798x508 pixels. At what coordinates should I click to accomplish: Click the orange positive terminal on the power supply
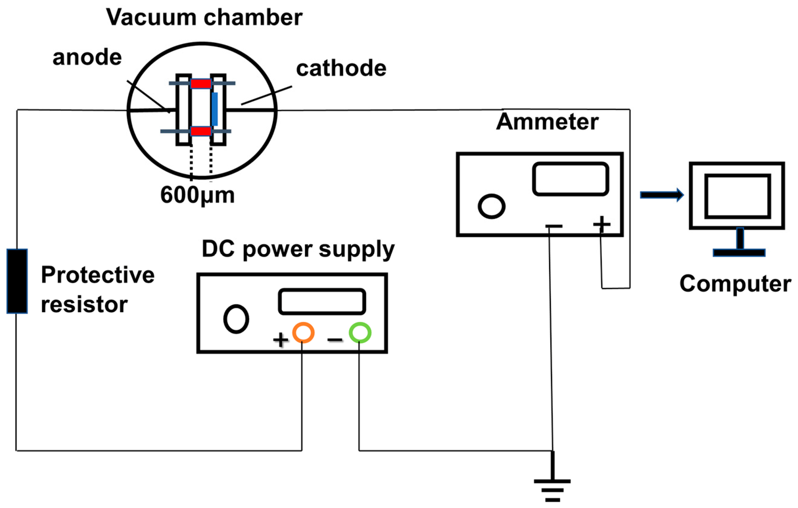[303, 332]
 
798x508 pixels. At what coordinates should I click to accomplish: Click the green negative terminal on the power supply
[360, 332]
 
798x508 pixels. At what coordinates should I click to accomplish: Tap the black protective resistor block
[17, 281]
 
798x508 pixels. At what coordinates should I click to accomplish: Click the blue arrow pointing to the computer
[661, 195]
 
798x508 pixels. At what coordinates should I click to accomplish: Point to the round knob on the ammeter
[491, 206]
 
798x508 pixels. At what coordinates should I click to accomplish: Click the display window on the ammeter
[570, 179]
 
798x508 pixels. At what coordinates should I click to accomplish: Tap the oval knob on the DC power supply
[236, 319]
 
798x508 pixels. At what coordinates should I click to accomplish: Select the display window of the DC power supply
[322, 301]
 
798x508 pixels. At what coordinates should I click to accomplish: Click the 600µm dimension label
[197, 195]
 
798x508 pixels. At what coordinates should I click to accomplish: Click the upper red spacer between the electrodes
[201, 84]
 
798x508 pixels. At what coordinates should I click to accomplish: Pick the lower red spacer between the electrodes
[201, 131]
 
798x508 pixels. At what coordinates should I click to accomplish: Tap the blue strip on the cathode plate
[214, 109]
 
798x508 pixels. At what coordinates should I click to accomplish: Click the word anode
[87, 57]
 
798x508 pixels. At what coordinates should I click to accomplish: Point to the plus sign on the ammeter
[602, 224]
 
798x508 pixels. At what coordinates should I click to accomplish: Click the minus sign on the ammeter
[554, 226]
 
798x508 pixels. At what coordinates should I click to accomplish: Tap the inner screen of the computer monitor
[737, 196]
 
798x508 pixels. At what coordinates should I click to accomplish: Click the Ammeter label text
[547, 121]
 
